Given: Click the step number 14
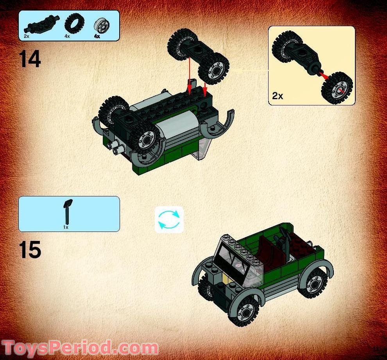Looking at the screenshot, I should click(x=30, y=59).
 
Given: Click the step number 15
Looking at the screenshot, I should click(x=30, y=250).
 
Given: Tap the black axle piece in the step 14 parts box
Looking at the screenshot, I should click(x=41, y=24).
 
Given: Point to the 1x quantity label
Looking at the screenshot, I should click(x=66, y=227).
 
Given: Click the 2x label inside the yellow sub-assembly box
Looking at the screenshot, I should click(x=278, y=96).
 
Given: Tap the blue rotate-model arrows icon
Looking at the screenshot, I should click(x=169, y=219).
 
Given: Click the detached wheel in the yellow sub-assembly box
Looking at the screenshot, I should click(x=337, y=88).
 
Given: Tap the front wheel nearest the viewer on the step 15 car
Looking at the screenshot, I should click(x=245, y=311).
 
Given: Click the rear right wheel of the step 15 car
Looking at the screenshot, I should click(x=314, y=282).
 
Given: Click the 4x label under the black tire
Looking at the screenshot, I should click(x=67, y=36).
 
